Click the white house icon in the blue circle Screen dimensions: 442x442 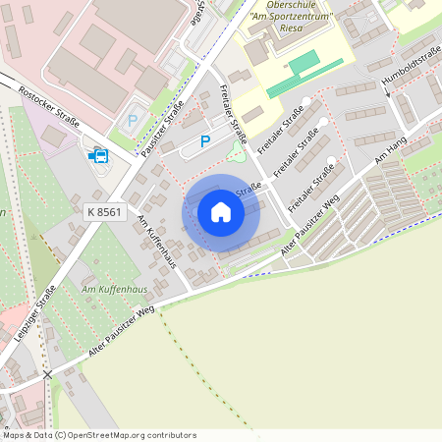[x=221, y=211]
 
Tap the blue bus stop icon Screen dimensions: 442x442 [x=98, y=155]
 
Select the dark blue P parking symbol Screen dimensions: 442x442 [x=205, y=141]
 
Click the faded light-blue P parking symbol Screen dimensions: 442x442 [x=134, y=121]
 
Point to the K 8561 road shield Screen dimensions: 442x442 [x=105, y=211]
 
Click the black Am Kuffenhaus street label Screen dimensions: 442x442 [x=156, y=241]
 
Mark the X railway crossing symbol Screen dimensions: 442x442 [x=47, y=374]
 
